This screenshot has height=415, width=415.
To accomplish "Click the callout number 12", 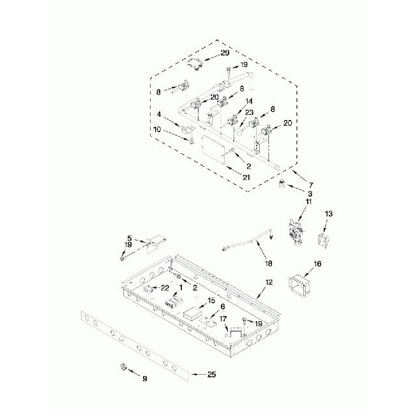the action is click(x=269, y=282).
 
